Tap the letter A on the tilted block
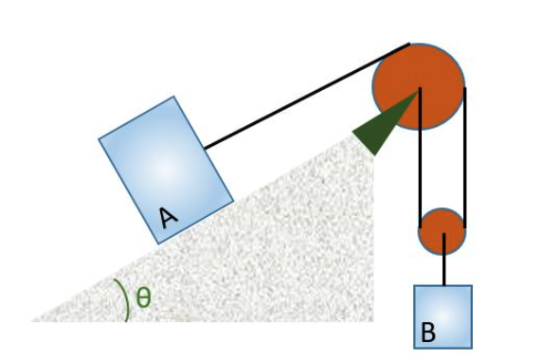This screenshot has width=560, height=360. [x=168, y=218]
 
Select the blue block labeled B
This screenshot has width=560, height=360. [x=443, y=315]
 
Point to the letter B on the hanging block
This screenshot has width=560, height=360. [x=428, y=333]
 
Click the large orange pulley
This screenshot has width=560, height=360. [x=418, y=85]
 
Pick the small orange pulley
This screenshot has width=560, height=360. [x=442, y=232]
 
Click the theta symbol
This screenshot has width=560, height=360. [x=143, y=297]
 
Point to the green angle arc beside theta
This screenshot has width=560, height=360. [x=123, y=299]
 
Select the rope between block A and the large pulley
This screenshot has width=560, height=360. [x=303, y=97]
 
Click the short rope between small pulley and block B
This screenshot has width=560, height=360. [x=443, y=269]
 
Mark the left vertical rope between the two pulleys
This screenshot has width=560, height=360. [x=420, y=161]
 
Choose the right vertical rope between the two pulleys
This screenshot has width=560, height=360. [x=464, y=161]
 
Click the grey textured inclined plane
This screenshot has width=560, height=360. [x=284, y=256]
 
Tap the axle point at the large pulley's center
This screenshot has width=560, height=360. [x=419, y=90]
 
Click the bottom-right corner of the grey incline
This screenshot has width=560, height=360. [x=371, y=319]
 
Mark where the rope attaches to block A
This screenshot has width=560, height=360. [x=205, y=149]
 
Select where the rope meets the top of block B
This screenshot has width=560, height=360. [x=443, y=285]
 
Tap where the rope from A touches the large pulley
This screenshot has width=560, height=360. [x=408, y=44]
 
